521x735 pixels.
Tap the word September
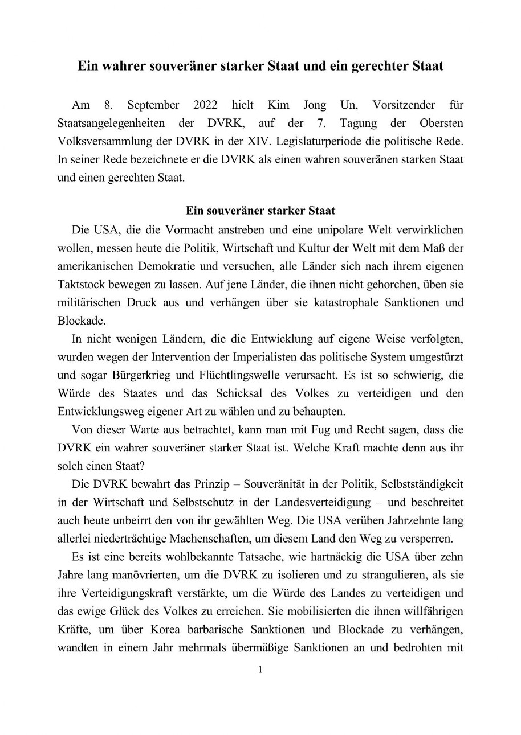pos(153,105)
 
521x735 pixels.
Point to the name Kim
pos(276,105)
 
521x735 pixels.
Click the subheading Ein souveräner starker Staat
pos(260,210)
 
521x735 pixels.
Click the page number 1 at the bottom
pos(260,670)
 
